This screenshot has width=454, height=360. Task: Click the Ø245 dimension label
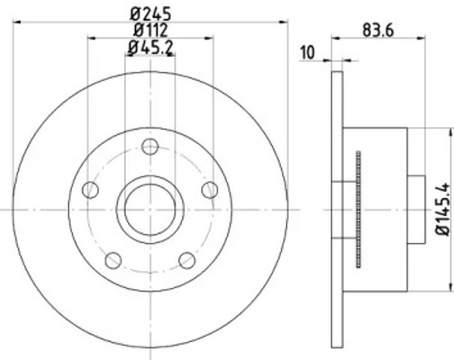(x=151, y=13)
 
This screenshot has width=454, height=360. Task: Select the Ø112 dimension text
(x=151, y=29)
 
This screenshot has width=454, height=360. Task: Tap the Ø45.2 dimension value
(x=151, y=47)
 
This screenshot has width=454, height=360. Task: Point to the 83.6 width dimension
(x=378, y=30)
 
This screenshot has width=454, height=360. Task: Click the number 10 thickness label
(x=307, y=52)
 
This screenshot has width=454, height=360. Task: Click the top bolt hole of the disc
(x=150, y=147)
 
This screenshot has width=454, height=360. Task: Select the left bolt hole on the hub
(x=91, y=190)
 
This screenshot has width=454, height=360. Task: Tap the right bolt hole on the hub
(x=210, y=190)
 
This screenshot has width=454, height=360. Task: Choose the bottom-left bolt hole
(x=113, y=260)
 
